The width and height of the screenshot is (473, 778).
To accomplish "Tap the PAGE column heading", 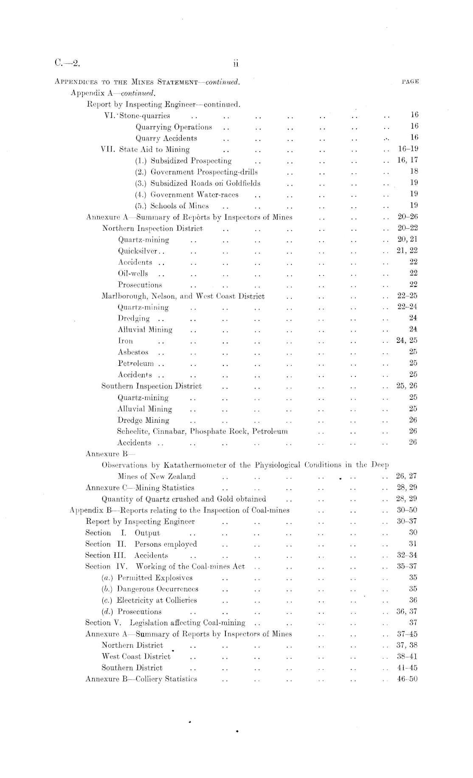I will point(410,81).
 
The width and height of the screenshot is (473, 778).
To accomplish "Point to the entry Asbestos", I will point(133,352).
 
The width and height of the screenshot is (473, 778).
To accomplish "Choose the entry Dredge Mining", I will point(143,420).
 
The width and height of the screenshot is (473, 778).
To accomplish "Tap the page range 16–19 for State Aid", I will point(408,149).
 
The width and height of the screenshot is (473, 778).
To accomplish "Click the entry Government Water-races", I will point(187,195).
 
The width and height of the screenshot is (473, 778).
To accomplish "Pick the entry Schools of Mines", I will point(172,206).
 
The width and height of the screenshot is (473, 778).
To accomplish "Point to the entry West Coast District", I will point(136,657).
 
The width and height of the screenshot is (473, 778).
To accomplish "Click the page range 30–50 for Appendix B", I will point(408,510).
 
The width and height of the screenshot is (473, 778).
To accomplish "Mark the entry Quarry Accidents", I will point(166,138).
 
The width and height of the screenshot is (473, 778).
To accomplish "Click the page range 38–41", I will point(408,657).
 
